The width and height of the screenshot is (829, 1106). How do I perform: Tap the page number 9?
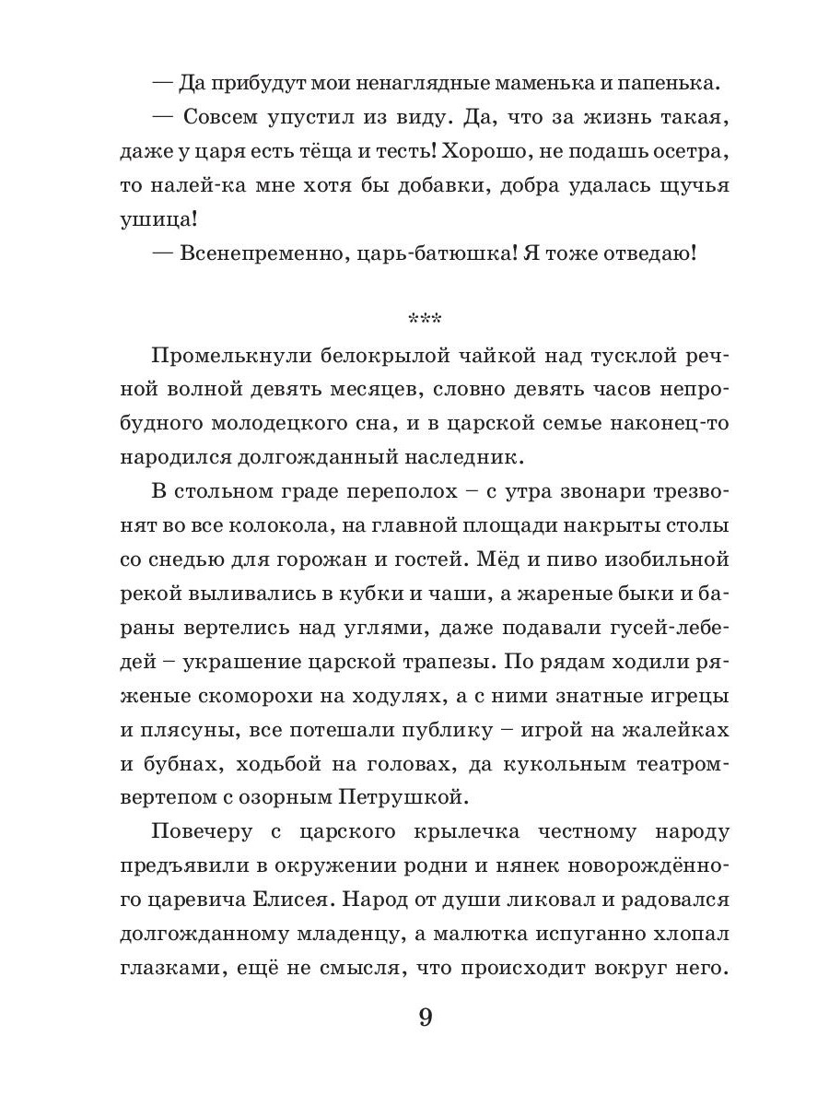click(425, 1018)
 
